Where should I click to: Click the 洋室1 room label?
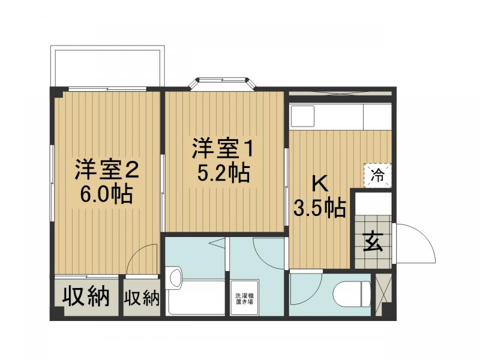[x=224, y=148]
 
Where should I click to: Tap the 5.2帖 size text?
[x=224, y=173]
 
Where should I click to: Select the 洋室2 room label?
[x=107, y=170]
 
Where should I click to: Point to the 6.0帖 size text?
[x=107, y=195]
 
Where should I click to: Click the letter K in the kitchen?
[x=319, y=181]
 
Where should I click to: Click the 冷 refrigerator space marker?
[x=378, y=175]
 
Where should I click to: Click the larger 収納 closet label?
[x=86, y=296]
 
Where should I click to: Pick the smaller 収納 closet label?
[x=142, y=297]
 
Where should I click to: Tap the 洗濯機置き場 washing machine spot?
[x=244, y=298]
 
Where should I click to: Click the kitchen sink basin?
[x=303, y=116]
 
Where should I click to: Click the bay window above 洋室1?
[x=223, y=83]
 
